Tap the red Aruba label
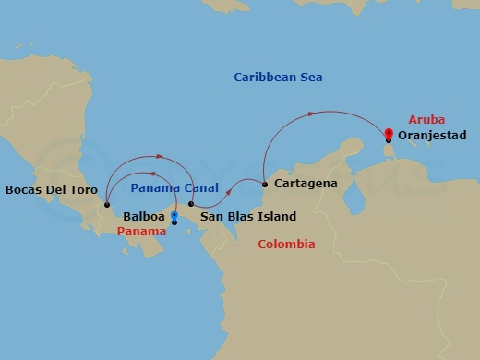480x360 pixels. [403, 119]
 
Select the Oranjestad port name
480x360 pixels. [433, 135]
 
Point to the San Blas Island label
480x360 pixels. [247, 217]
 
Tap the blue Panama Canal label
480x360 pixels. [174, 187]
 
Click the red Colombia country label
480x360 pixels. [286, 245]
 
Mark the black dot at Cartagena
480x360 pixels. [265, 184]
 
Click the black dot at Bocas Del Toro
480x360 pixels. [107, 205]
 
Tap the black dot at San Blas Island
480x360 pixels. [191, 204]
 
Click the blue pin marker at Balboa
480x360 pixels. [174, 217]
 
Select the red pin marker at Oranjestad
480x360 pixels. [389, 135]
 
